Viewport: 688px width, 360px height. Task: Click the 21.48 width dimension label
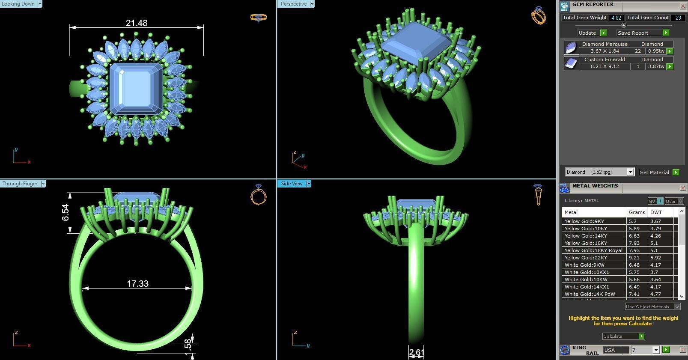(137, 23)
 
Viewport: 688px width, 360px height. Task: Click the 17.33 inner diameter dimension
(137, 284)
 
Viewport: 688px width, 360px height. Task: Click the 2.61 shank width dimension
(416, 353)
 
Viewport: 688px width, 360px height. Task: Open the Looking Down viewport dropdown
(40, 4)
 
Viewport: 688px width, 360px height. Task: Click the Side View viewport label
(292, 184)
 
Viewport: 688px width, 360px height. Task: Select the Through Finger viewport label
(20, 184)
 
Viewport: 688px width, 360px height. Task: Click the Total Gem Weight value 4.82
(616, 18)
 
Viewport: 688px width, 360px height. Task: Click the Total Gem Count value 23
(678, 18)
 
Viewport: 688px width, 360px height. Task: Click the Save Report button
(633, 33)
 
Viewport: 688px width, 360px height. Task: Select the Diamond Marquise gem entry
(605, 44)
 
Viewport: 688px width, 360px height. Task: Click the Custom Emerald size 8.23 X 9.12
(605, 66)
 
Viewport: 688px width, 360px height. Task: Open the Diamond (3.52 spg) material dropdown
(630, 172)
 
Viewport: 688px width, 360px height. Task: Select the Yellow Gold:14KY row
(585, 236)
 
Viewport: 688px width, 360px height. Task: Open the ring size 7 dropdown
(655, 350)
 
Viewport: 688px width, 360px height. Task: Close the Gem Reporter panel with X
(682, 6)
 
